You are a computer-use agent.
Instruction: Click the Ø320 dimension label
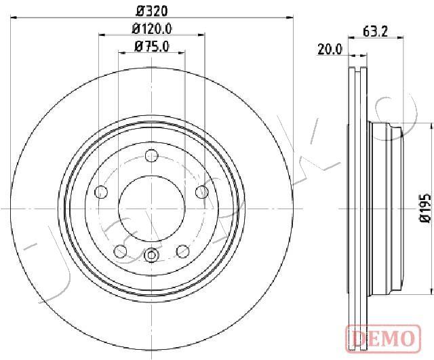click(152, 11)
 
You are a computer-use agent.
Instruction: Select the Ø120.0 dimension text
click(152, 28)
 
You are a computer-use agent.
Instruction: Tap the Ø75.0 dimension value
click(152, 46)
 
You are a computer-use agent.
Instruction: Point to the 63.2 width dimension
click(375, 32)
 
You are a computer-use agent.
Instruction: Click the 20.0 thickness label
click(330, 49)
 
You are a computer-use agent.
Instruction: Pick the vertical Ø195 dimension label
click(425, 208)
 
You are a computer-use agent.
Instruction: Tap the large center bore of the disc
click(152, 208)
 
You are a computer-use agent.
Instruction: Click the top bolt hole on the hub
click(152, 155)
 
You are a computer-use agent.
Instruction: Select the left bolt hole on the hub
click(101, 191)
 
